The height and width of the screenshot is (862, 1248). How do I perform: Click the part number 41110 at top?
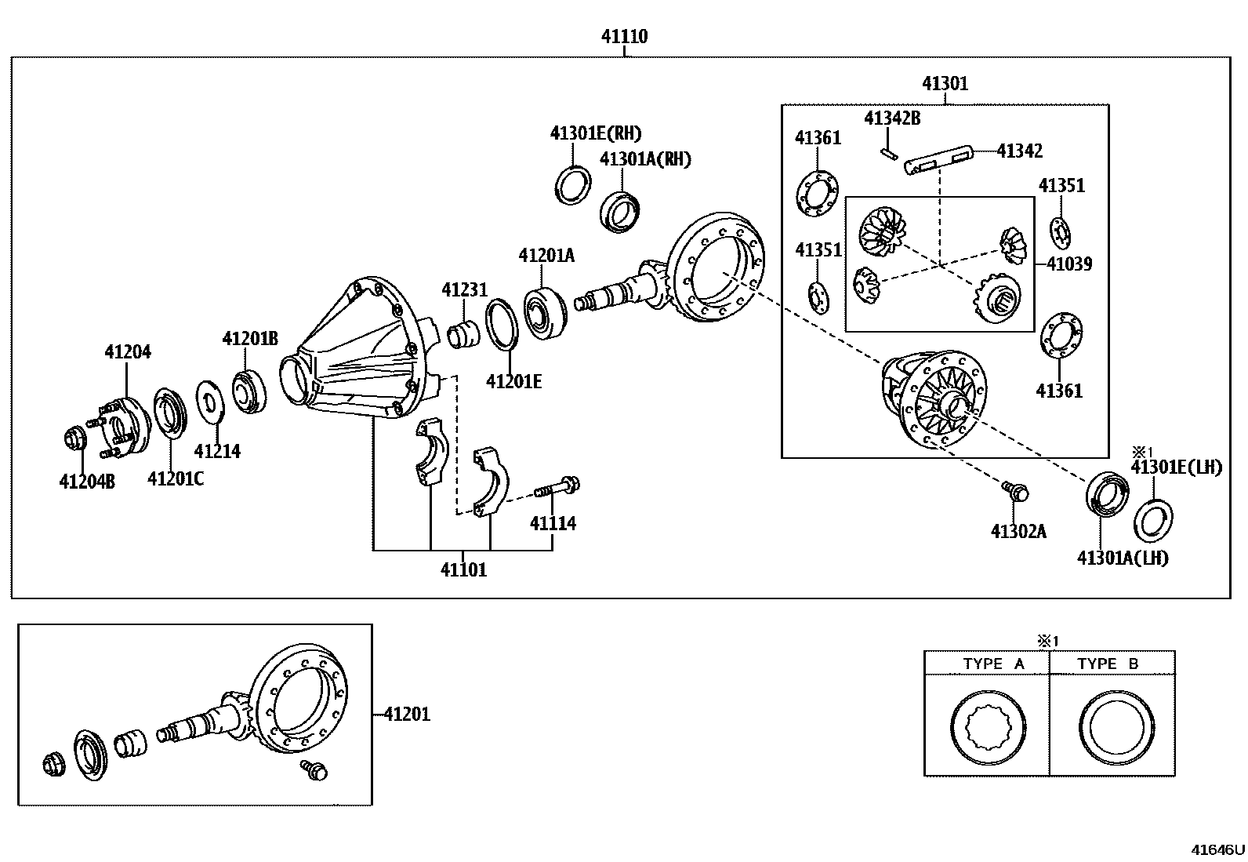[624, 36]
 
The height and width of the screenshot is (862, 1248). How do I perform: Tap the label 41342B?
[892, 118]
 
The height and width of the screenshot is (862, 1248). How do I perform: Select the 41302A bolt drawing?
[1016, 492]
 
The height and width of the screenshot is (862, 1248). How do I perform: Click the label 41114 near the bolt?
[553, 523]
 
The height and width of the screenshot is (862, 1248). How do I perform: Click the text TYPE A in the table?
[993, 664]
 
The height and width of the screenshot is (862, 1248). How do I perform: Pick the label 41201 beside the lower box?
[407, 715]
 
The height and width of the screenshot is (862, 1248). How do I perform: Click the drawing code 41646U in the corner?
[1217, 849]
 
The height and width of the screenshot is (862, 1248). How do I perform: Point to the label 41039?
[1069, 264]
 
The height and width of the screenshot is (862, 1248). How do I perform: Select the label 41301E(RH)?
[595, 133]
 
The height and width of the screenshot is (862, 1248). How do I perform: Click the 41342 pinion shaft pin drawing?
[939, 159]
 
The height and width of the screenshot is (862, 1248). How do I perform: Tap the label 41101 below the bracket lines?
[463, 570]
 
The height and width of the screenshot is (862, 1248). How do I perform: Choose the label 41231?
[464, 289]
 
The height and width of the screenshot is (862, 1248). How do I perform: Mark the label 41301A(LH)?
[1123, 558]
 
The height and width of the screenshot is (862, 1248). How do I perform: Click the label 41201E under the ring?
[513, 381]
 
